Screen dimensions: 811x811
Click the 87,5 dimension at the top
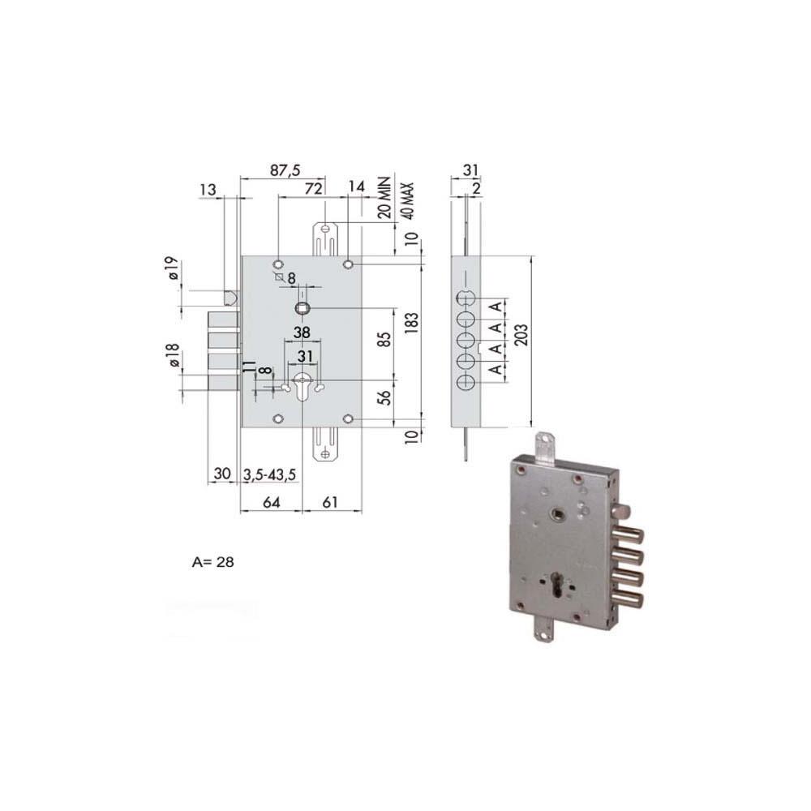click(285, 169)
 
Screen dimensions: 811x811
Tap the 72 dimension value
click(313, 189)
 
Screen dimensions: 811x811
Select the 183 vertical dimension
click(412, 322)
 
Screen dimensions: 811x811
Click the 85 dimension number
click(384, 339)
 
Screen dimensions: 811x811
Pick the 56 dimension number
click(384, 397)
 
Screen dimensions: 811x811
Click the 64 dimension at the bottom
click(272, 502)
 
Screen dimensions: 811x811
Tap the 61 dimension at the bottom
click(329, 502)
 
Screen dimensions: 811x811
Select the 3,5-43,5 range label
click(269, 474)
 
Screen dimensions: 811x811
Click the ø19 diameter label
click(174, 268)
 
